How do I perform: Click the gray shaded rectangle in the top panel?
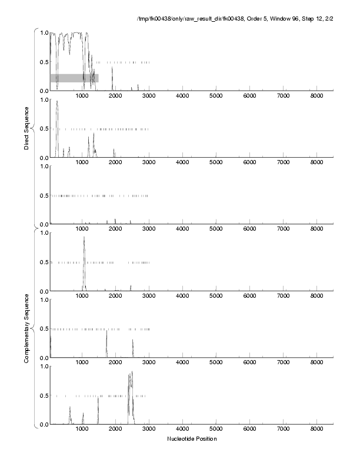(74, 78)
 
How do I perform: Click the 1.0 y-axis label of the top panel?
(44, 32)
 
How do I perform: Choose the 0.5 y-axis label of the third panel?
(44, 195)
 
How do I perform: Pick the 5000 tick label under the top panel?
(216, 95)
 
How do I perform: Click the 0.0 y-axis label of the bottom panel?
(44, 424)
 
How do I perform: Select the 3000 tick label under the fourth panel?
(149, 296)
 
